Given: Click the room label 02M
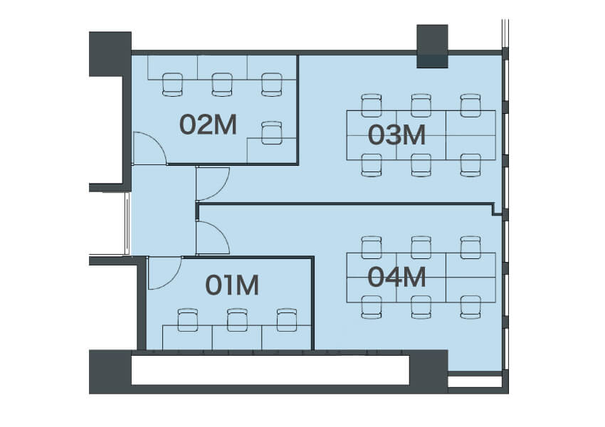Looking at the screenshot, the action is click(x=208, y=125).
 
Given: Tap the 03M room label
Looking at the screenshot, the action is click(x=396, y=135).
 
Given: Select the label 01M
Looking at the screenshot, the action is click(x=231, y=285).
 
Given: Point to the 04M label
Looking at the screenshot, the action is click(x=396, y=277).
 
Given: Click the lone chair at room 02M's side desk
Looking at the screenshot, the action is click(x=272, y=132).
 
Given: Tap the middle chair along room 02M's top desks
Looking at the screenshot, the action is click(x=222, y=85).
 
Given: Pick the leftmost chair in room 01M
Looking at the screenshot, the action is click(x=188, y=320).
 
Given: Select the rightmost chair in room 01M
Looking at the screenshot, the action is click(x=287, y=320).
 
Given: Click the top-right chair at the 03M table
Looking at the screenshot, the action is click(x=470, y=105).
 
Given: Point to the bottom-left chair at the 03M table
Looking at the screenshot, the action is click(x=372, y=165).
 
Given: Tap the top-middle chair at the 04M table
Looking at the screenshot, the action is click(x=421, y=248).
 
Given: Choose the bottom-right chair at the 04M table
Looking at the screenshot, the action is click(x=470, y=307).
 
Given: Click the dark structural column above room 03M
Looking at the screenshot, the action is click(x=432, y=46).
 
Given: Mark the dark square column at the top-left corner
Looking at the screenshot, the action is click(x=110, y=54).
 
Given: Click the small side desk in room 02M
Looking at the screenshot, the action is click(x=272, y=150).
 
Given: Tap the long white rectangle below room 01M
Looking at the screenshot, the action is click(x=270, y=370).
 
